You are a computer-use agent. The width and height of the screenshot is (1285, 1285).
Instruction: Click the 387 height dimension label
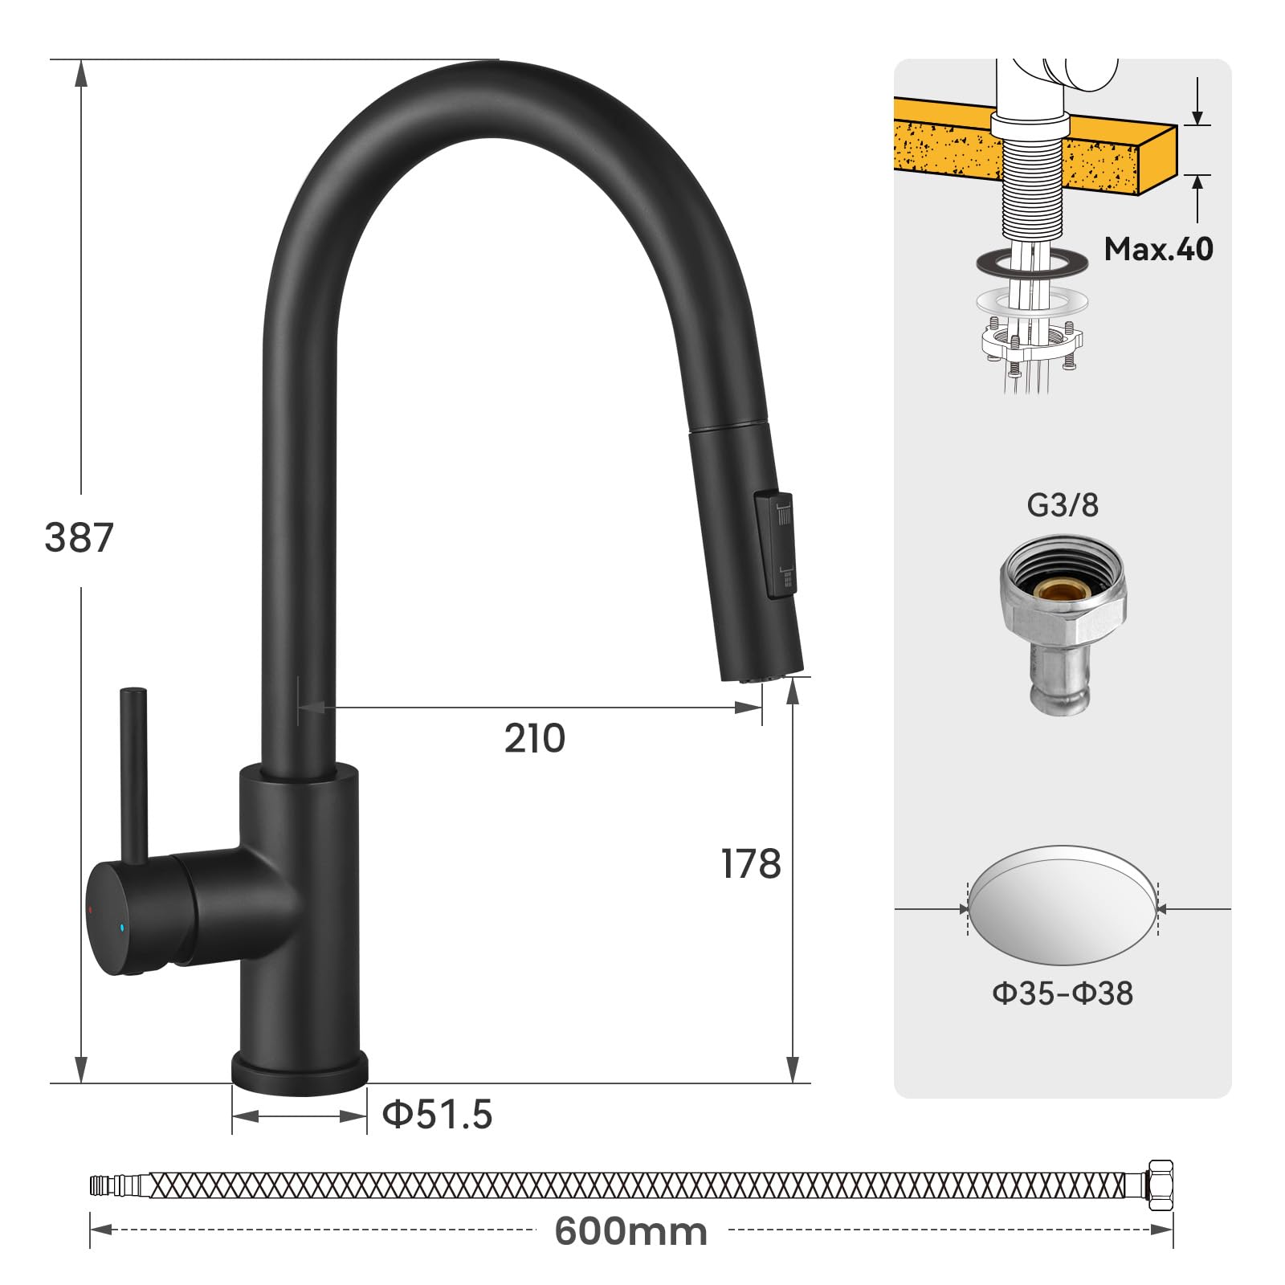[x=79, y=537]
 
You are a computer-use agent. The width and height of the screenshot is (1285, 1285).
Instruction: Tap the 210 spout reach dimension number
[x=535, y=738]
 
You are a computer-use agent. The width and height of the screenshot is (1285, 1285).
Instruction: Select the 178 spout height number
[x=751, y=864]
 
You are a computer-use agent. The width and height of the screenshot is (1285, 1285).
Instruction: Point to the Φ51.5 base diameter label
[x=437, y=1115]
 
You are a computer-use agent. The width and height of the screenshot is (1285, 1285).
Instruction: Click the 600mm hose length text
[x=631, y=1231]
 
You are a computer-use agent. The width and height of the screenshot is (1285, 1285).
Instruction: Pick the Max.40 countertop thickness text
[x=1158, y=249]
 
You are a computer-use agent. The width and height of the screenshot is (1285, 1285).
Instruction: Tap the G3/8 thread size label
[x=1063, y=505]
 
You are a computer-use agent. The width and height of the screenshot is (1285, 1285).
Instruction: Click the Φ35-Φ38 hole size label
[x=1063, y=993]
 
